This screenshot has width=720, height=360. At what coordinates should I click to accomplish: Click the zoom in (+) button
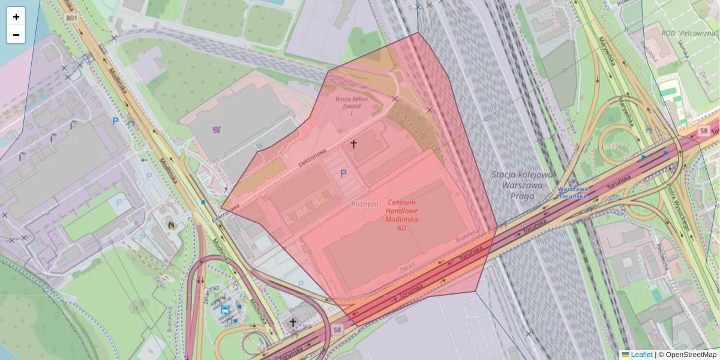(16, 17)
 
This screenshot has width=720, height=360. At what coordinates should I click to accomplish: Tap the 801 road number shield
(72, 19)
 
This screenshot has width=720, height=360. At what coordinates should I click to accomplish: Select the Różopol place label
(365, 204)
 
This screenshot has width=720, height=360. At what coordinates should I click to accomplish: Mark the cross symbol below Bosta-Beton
(353, 144)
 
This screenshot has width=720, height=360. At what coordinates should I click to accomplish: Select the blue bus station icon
(225, 310)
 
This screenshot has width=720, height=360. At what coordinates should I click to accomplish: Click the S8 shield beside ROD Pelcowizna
(704, 130)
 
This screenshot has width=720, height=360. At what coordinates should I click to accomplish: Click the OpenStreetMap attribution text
(690, 355)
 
